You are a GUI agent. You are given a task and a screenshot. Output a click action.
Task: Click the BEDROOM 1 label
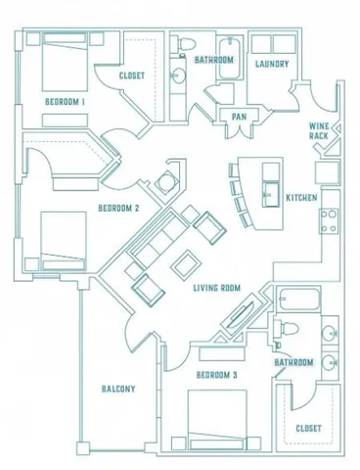65,102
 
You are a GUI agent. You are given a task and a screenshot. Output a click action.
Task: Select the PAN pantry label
238,117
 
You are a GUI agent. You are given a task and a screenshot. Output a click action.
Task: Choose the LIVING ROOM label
217,288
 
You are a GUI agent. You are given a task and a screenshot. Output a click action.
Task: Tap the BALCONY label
117,389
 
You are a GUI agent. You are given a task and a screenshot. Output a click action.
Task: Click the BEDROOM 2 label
118,208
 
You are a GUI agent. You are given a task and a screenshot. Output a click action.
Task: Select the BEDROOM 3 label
217,375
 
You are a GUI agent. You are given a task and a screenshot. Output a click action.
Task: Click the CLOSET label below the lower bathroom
309,428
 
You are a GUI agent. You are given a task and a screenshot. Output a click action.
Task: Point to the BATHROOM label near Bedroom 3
293,362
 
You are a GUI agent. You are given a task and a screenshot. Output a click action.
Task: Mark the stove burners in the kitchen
330,220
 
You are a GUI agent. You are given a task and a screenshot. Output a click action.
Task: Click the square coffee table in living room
184,263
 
